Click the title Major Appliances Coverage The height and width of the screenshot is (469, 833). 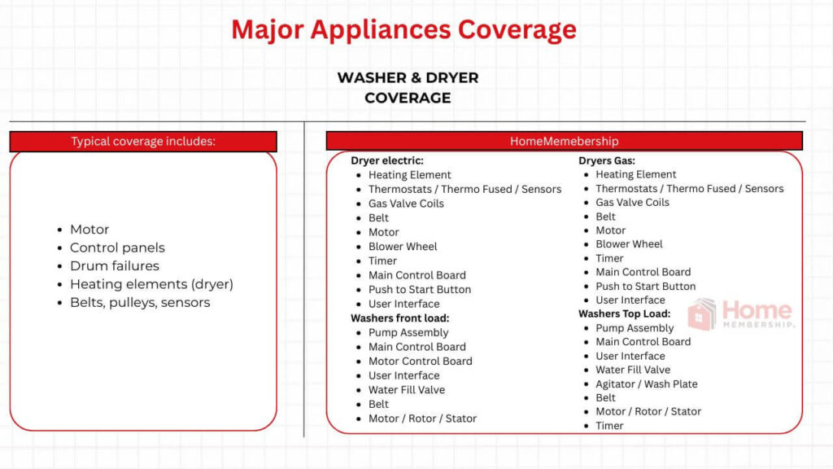pos(403,29)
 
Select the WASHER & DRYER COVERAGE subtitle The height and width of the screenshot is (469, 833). pos(408,87)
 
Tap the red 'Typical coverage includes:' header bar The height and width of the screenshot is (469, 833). pos(143,141)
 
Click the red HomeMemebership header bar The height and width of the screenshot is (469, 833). pos(564,141)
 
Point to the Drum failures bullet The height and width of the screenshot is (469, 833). pos(114,265)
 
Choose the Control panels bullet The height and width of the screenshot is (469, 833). pos(117,248)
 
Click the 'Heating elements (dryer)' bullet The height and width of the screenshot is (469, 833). pos(151,284)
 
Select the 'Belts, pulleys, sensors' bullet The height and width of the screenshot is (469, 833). pos(140,302)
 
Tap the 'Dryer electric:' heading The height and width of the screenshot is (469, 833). pos(387,160)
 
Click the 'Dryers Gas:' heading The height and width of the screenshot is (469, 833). pos(607,160)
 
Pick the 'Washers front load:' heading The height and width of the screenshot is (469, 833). pos(400,318)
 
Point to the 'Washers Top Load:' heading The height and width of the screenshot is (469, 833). pos(625,313)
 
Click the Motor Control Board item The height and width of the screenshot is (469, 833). pos(420,361)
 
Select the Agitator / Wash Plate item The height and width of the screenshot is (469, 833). pos(646,384)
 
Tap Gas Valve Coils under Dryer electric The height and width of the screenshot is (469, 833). pos(406,204)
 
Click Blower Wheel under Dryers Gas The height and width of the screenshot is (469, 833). pos(629,243)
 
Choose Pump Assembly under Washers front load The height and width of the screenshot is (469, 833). pos(408,332)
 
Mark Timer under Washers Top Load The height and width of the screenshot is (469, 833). pos(609,425)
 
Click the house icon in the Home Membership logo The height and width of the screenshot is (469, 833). pos(702,313)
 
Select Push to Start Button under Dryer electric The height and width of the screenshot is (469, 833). pos(419,289)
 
